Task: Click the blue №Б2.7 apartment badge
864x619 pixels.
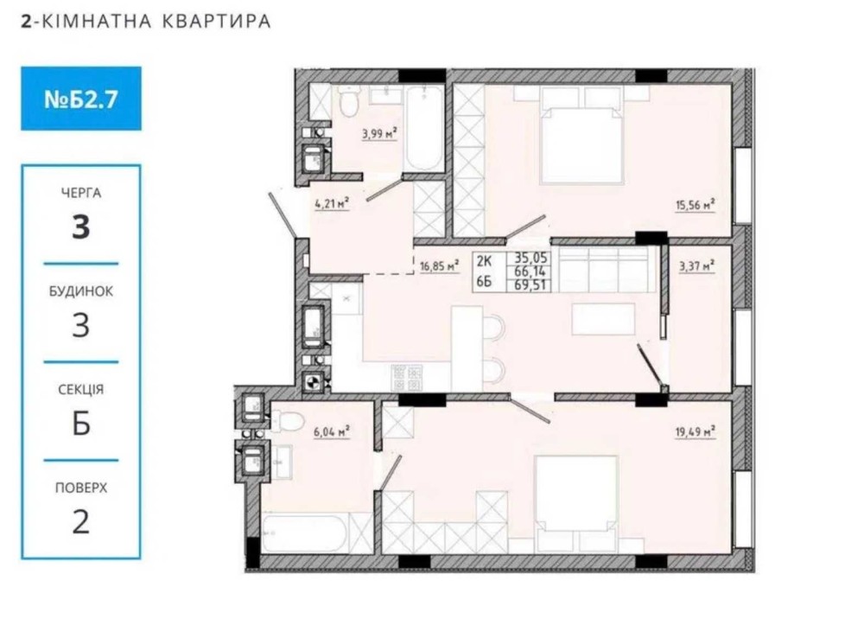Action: [81, 99]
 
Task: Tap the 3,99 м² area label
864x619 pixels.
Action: [379, 133]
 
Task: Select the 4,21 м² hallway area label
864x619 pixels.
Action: [333, 204]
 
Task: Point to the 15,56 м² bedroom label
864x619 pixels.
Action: [696, 205]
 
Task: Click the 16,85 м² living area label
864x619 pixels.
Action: [440, 266]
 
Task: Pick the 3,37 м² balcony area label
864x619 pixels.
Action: [697, 266]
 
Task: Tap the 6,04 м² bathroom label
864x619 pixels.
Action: [332, 432]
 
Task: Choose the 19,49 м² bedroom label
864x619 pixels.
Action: [696, 431]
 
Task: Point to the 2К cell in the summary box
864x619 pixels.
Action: [485, 260]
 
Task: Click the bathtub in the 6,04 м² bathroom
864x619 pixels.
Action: [304, 533]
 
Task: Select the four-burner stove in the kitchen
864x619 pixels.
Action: [407, 378]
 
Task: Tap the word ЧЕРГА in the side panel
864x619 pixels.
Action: [81, 193]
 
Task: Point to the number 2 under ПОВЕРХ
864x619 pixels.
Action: [81, 521]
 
